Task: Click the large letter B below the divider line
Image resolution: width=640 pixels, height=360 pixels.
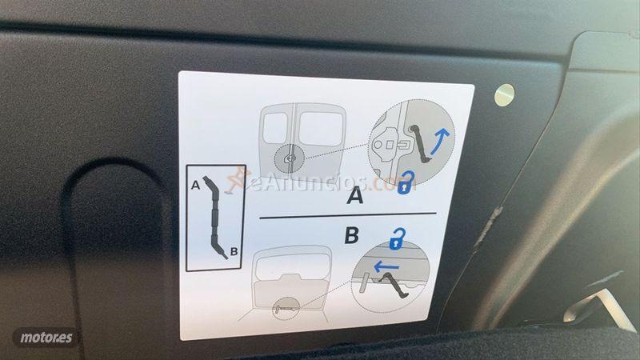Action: [350, 237]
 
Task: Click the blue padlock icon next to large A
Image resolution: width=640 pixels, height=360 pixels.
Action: [406, 185]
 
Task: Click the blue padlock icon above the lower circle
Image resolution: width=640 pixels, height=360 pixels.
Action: [396, 238]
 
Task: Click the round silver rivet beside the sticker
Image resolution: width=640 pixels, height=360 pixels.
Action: [503, 94]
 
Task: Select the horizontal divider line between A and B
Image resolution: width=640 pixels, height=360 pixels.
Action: [348, 216]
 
